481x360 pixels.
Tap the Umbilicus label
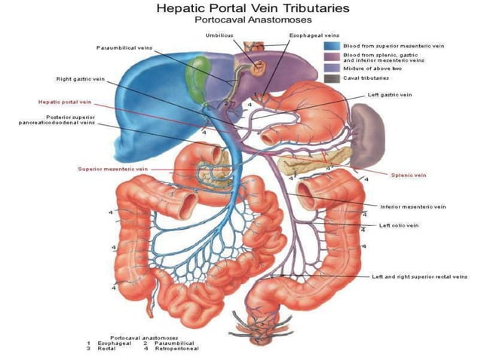point(219,35)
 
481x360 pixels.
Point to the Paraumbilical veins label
point(124,47)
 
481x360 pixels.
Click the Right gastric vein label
point(81,78)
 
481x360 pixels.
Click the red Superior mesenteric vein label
point(112,169)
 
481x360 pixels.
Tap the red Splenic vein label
point(409,175)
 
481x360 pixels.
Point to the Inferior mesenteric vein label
point(412,206)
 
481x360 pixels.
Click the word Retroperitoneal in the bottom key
point(178,349)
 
